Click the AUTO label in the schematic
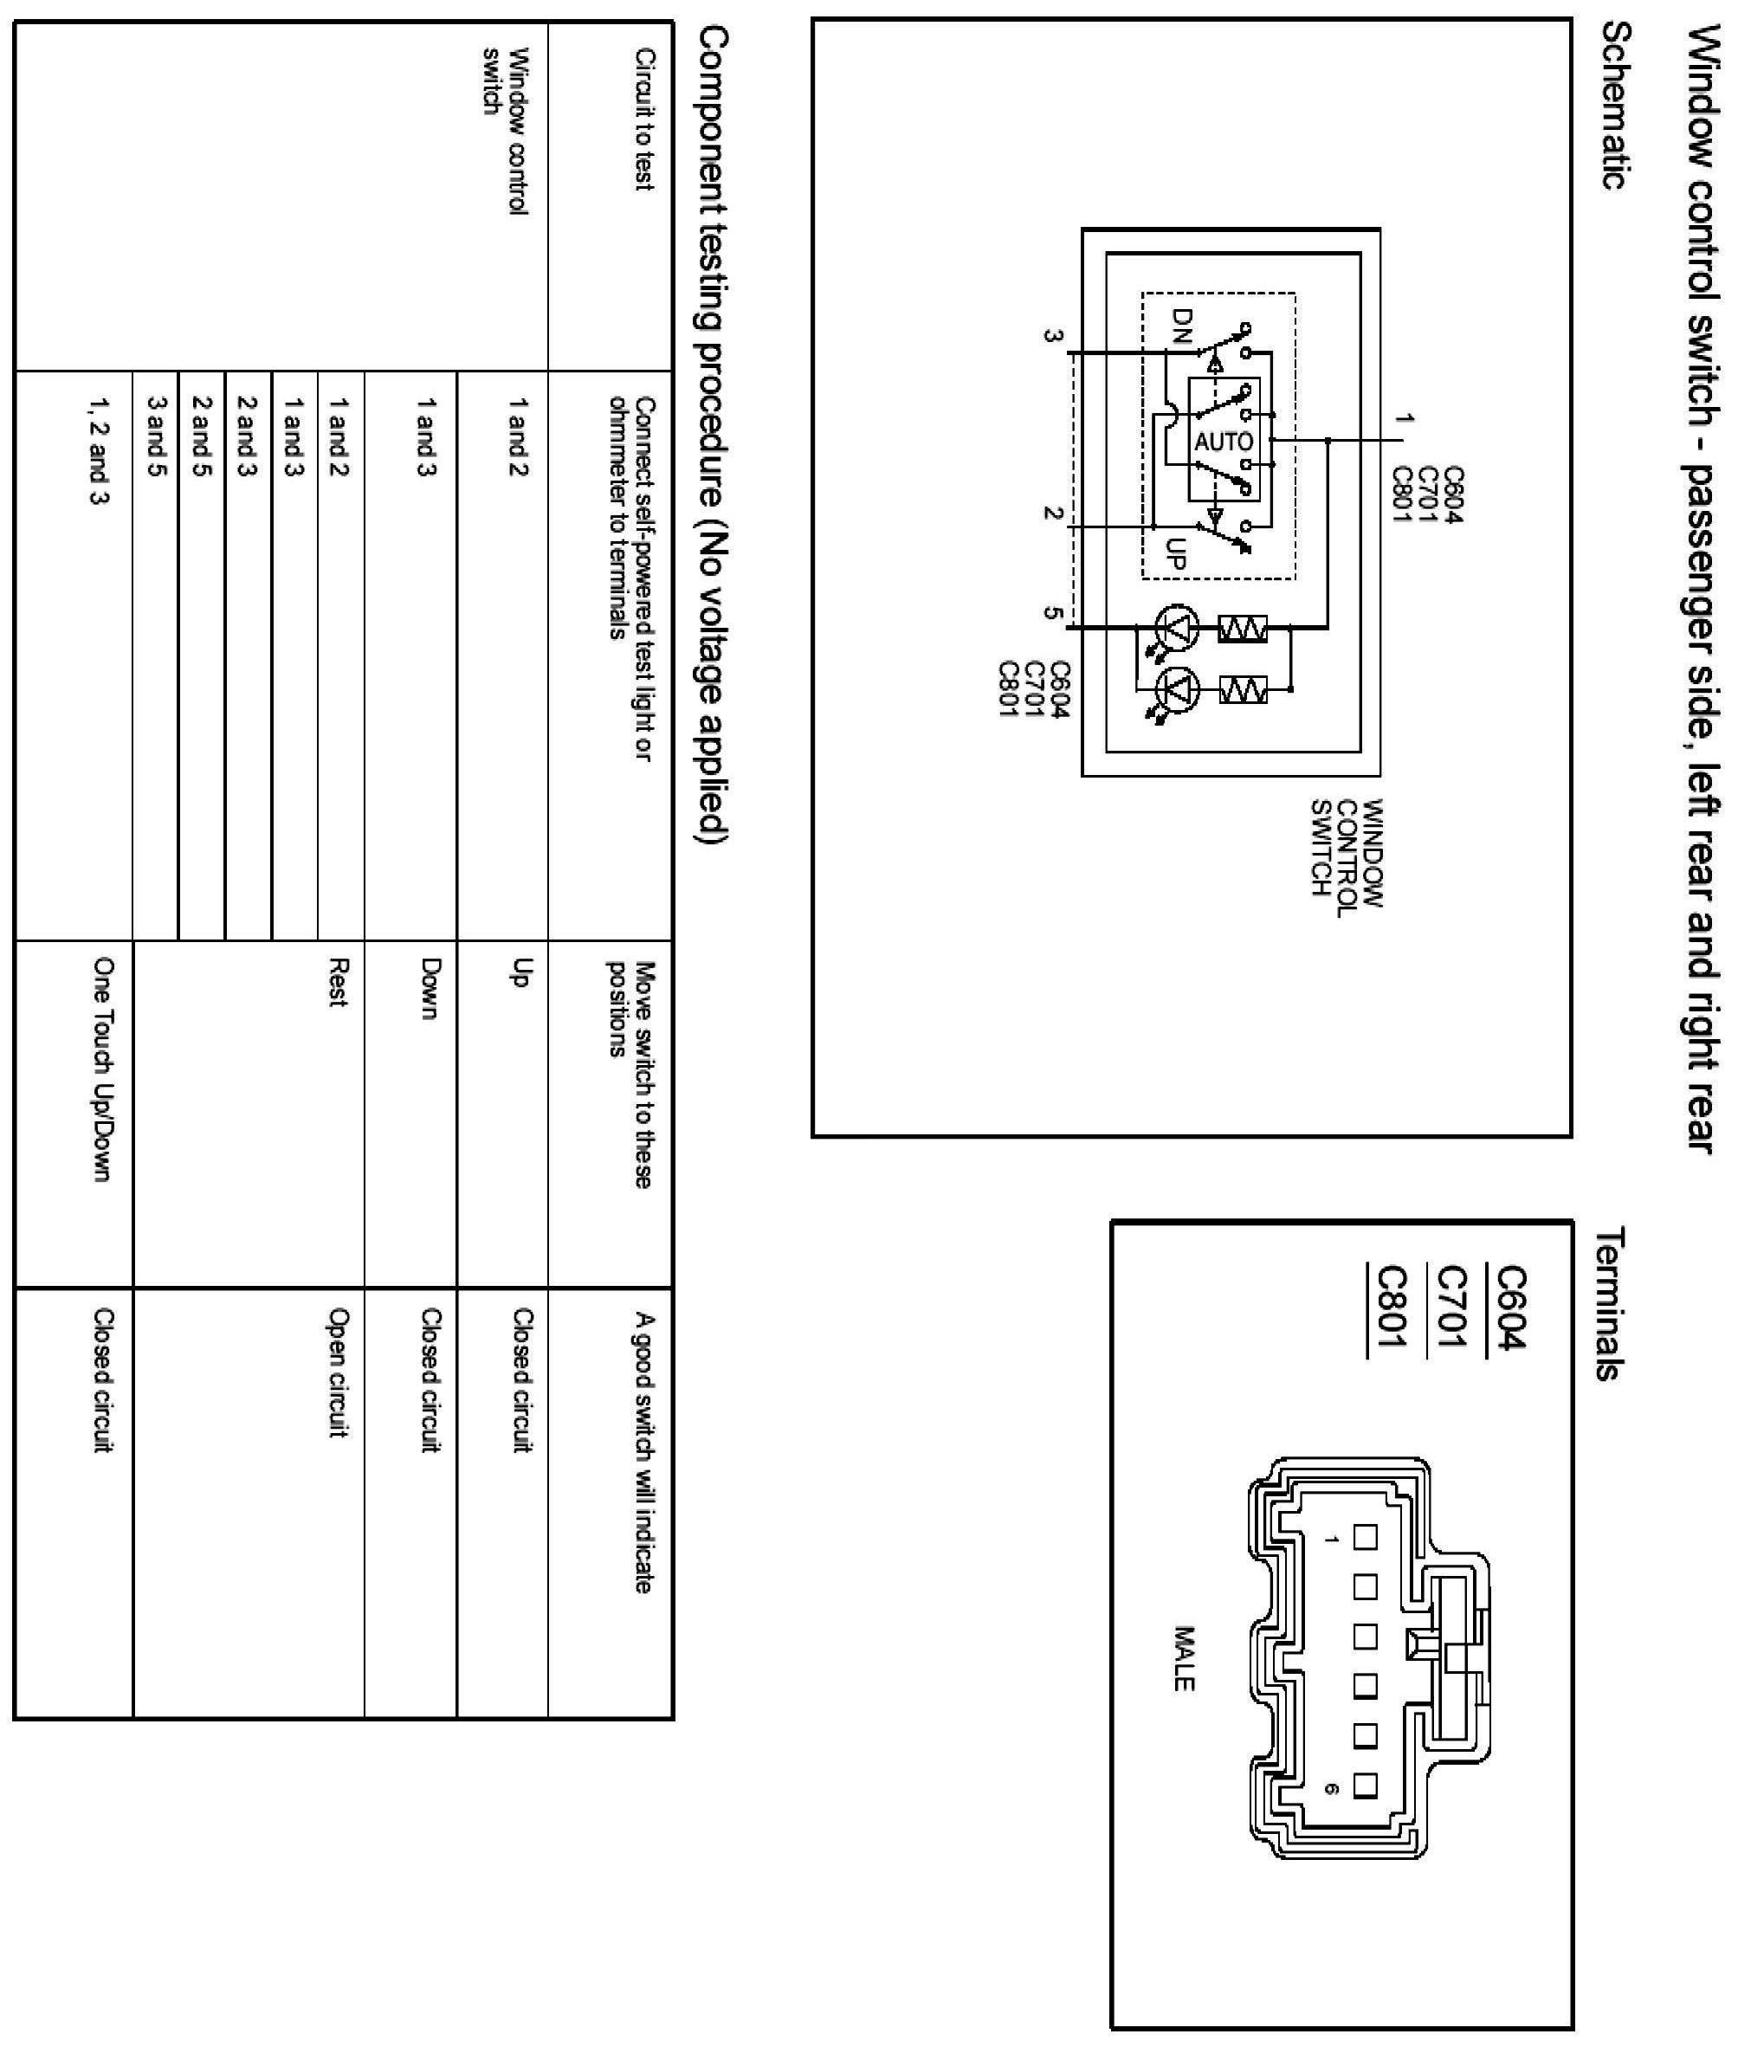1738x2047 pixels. [1224, 442]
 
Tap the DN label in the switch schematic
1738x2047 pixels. [1181, 324]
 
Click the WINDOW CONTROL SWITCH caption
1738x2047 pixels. [1347, 853]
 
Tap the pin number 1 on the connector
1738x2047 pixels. [1332, 1539]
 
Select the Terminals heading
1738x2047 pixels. [1609, 1305]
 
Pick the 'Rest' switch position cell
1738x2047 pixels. [338, 982]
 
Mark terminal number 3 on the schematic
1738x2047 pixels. [1053, 336]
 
